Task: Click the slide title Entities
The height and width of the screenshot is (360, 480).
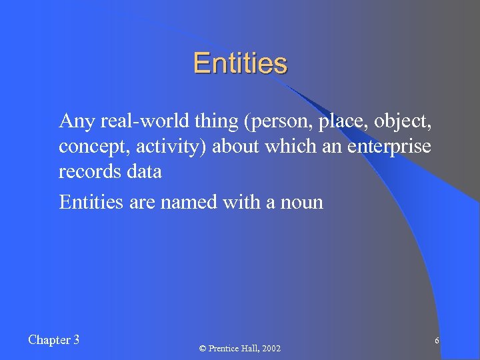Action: point(240,64)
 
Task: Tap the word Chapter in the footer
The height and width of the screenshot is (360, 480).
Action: point(49,340)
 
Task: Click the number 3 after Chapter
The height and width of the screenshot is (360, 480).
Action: point(76,340)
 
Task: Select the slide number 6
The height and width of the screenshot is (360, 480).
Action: point(436,341)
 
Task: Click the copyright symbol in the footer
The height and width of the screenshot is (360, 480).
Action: point(202,349)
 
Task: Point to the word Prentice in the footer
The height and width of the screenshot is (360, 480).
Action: point(225,349)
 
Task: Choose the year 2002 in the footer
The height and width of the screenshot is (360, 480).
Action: point(273,349)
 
